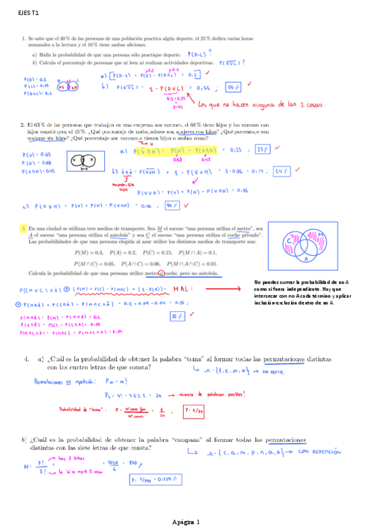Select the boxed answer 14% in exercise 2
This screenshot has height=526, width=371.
point(282,171)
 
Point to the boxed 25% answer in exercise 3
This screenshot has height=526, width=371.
point(177,318)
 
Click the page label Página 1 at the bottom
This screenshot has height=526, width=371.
point(185,522)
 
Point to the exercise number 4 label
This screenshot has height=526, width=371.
point(27,359)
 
